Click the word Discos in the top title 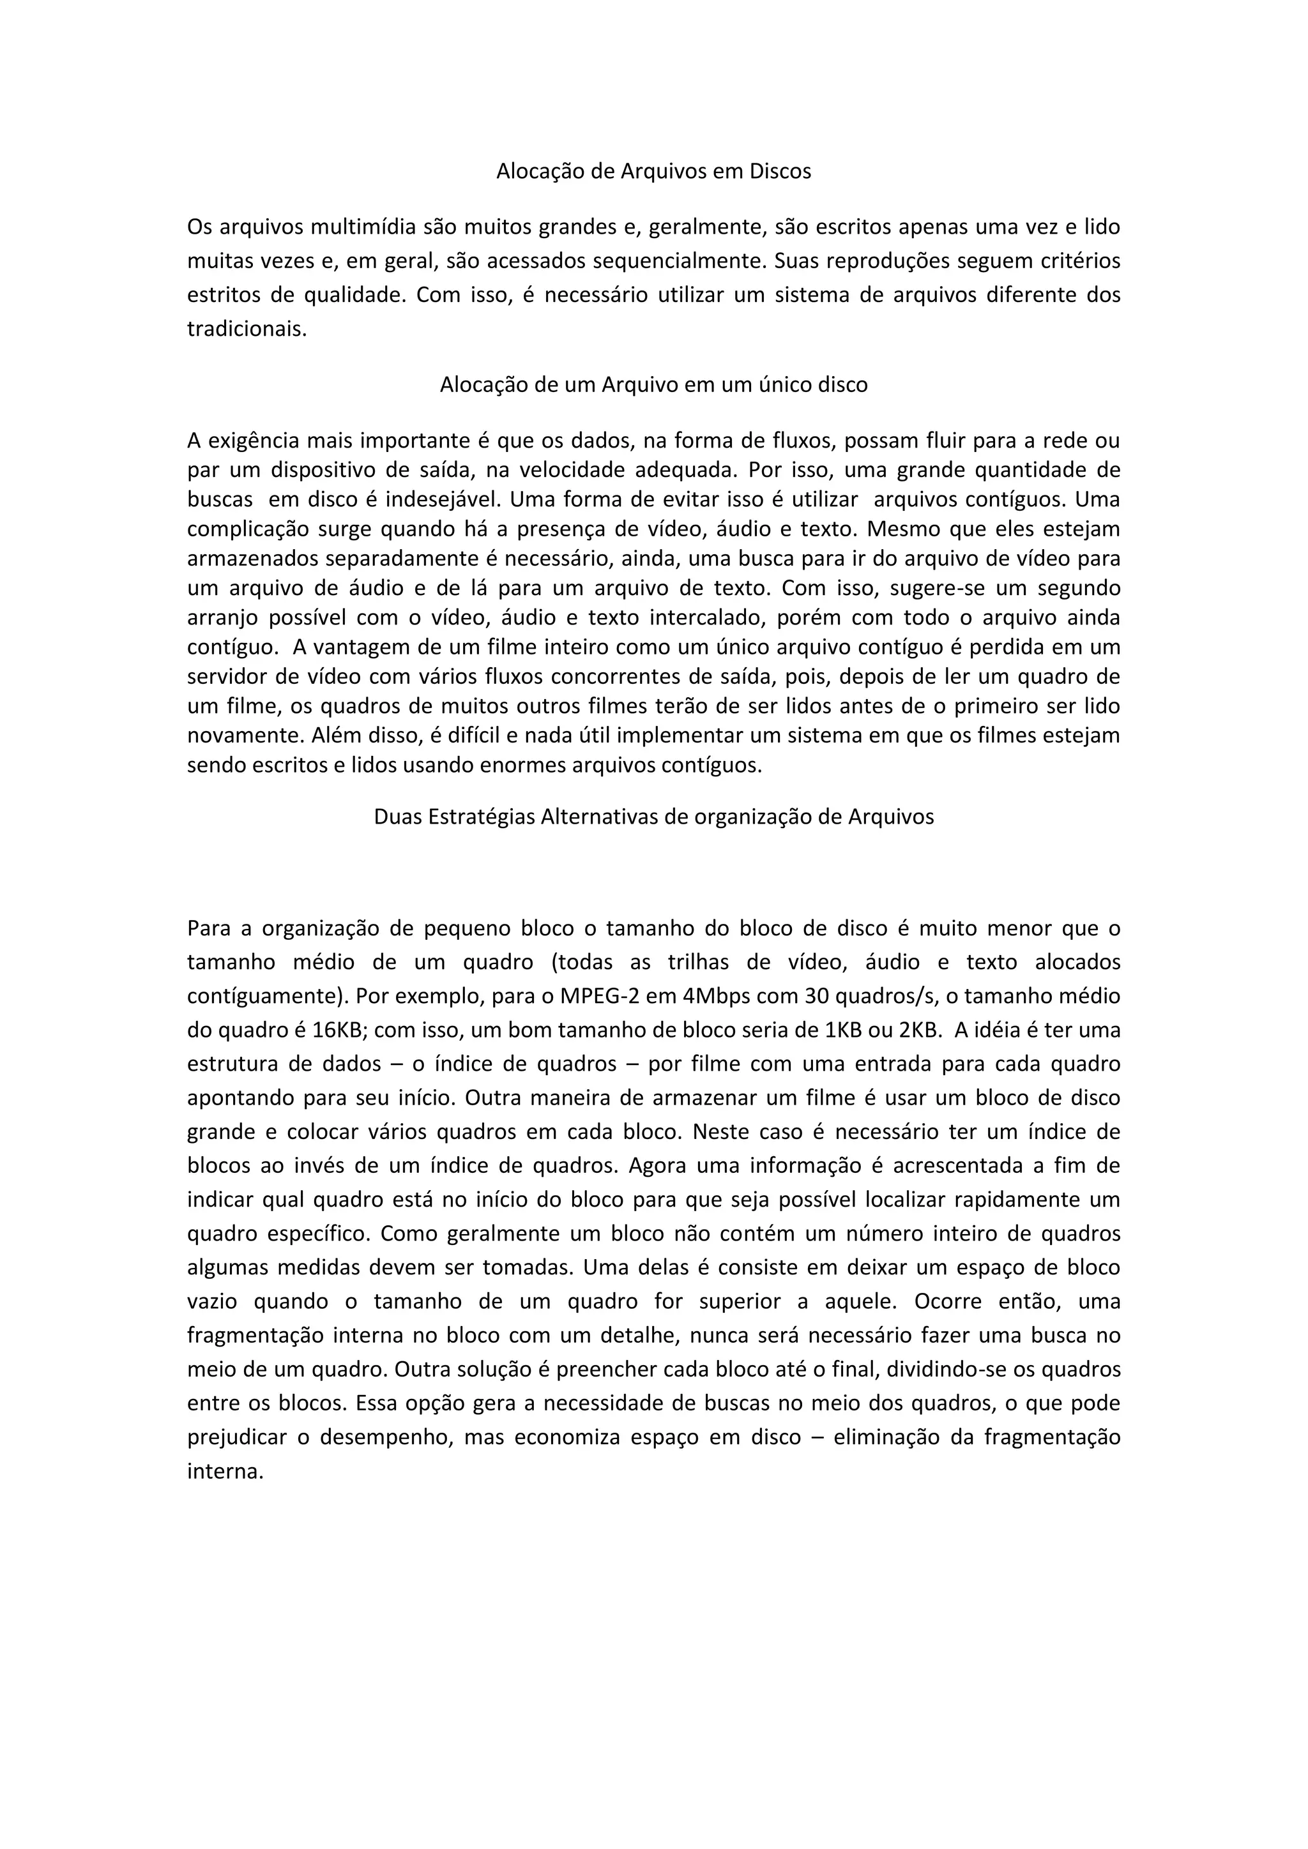[780, 172]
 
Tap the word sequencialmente [681, 261]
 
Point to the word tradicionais [247, 329]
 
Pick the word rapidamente [1016, 1199]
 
